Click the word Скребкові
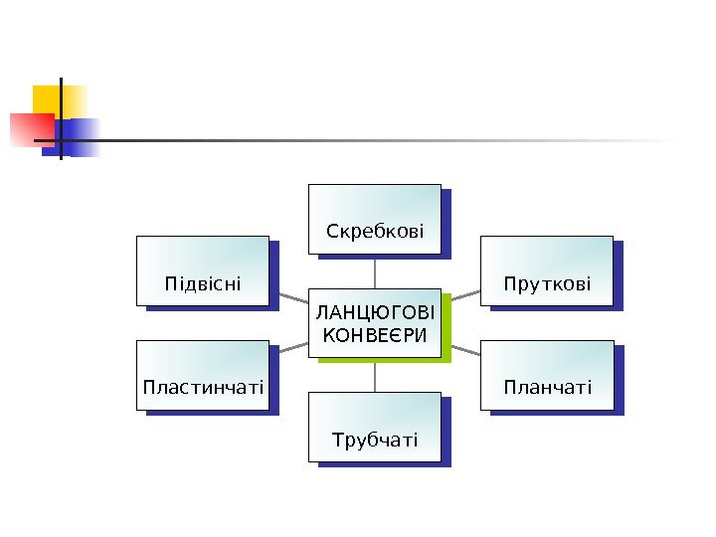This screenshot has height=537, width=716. point(375,233)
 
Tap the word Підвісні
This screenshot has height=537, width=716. point(203,285)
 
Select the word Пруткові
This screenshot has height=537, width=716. point(547,285)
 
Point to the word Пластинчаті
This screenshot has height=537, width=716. point(203,387)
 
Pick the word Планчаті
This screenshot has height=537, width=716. point(547,387)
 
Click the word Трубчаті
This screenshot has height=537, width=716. point(375,440)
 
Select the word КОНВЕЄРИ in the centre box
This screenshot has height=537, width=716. point(375,334)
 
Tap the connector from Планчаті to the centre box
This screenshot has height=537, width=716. point(461,349)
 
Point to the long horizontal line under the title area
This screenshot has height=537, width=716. point(398,140)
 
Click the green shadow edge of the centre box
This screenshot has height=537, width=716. point(447,328)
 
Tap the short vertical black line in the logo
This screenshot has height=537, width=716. point(61,117)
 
